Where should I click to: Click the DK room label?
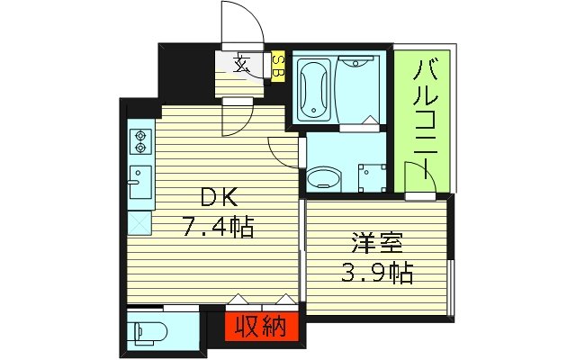217,197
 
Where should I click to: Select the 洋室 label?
377,244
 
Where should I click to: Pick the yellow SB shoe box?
278,65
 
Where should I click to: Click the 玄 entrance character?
241,63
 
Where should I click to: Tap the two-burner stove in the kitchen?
140,141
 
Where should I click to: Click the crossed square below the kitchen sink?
139,220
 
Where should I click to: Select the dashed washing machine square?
369,176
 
